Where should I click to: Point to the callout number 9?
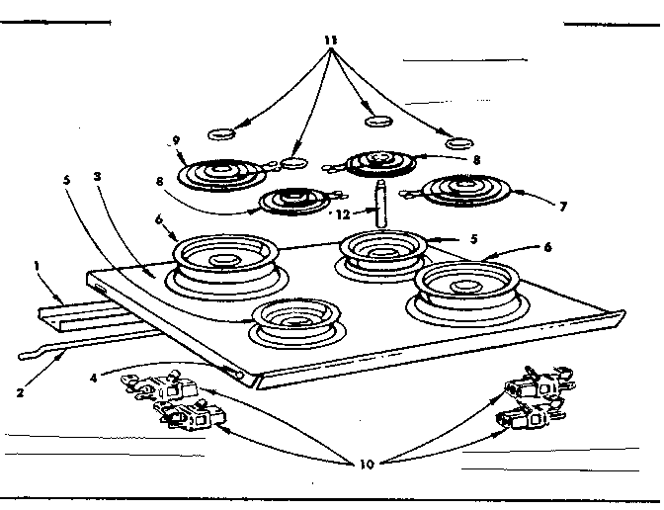coord(177,140)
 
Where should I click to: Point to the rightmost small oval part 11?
coord(457,143)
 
